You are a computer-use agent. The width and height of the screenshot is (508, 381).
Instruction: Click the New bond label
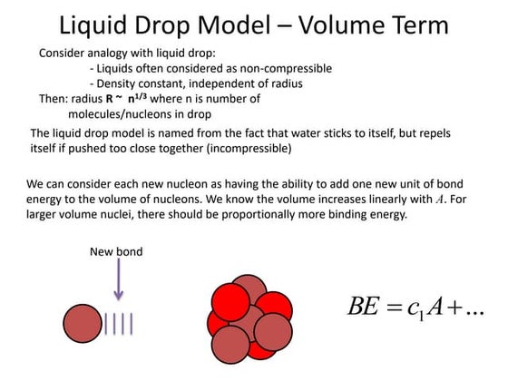(x=115, y=251)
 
